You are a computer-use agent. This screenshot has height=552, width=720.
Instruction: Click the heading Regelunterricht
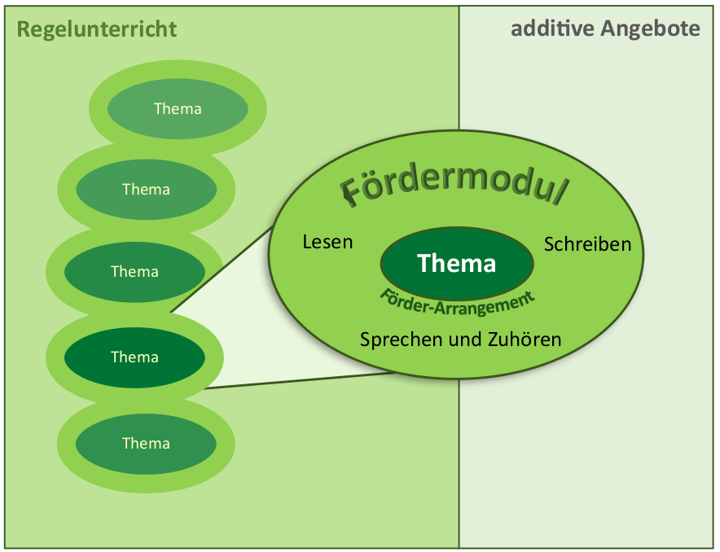pyautogui.click(x=97, y=30)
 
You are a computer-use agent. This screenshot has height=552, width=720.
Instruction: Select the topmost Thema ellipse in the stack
pyautogui.click(x=178, y=108)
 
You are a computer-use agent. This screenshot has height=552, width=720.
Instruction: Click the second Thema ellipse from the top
pyautogui.click(x=146, y=189)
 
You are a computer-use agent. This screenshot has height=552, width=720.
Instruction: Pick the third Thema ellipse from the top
pyautogui.click(x=134, y=271)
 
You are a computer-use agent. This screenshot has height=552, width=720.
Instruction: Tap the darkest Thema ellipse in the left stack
pyautogui.click(x=134, y=357)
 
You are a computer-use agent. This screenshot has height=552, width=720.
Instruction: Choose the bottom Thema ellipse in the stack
pyautogui.click(x=146, y=443)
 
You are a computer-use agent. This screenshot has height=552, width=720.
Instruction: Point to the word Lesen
pyautogui.click(x=327, y=242)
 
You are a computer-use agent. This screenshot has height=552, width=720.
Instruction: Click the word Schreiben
pyautogui.click(x=587, y=243)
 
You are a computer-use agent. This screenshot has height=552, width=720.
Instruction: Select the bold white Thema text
pyautogui.click(x=456, y=263)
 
